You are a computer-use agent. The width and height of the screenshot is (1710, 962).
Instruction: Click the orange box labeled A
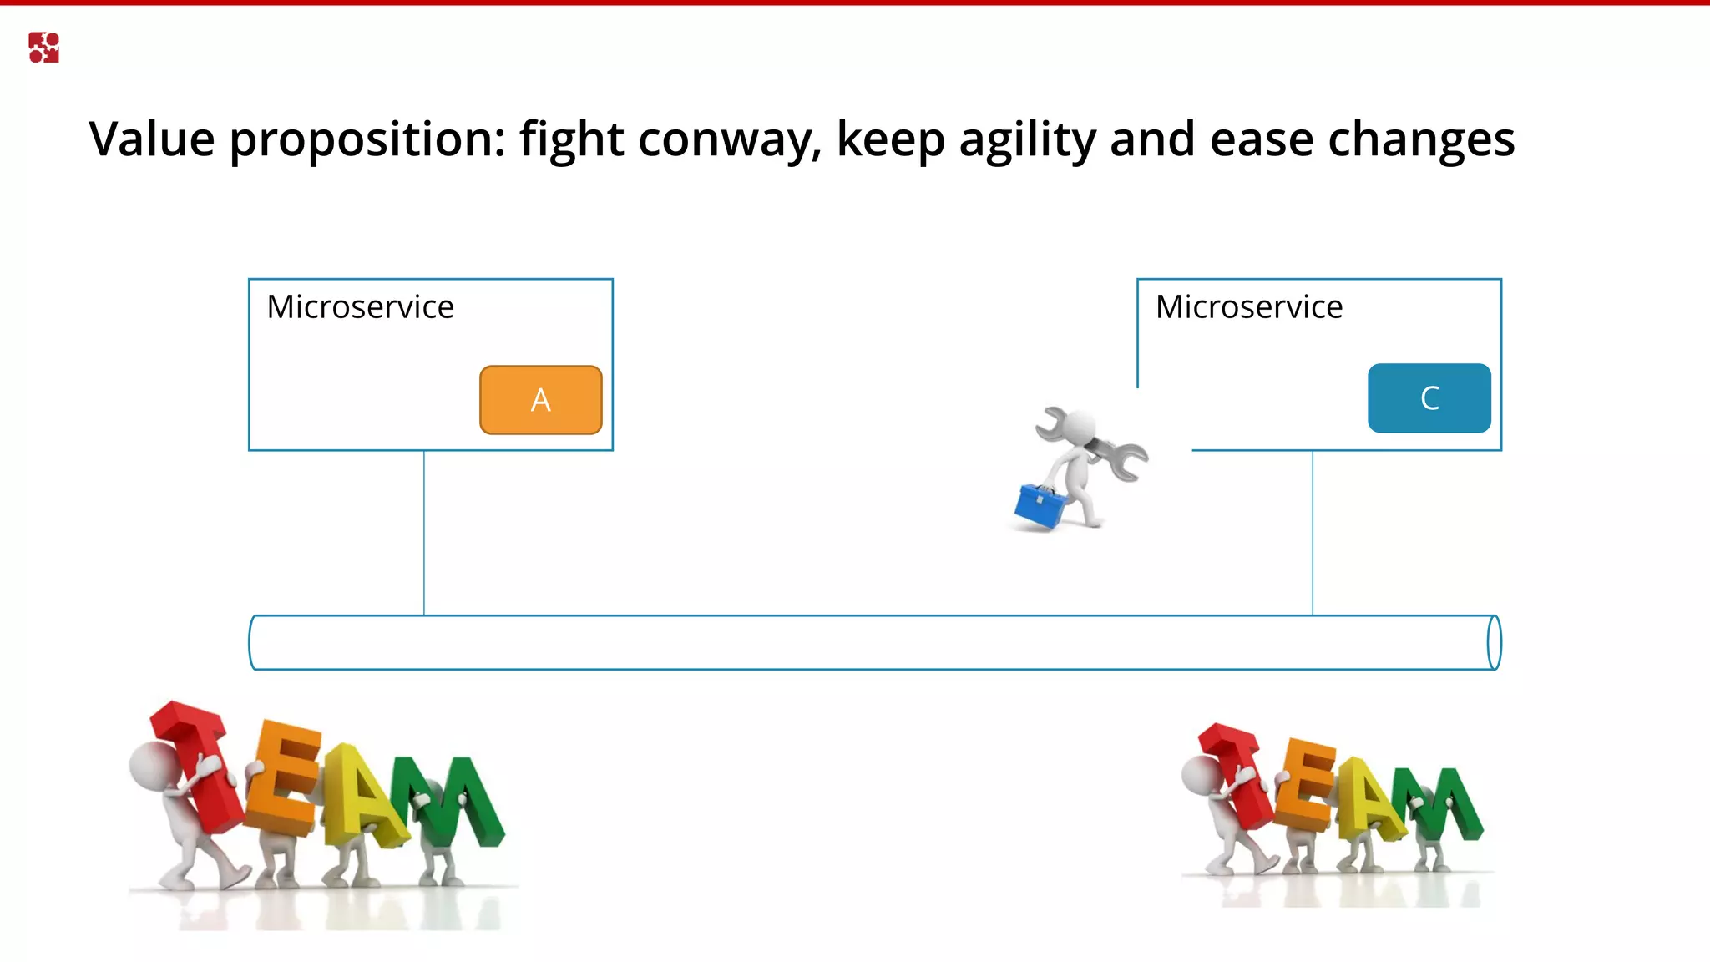pos(540,400)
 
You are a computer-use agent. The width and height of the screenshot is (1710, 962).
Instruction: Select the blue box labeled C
pos(1429,398)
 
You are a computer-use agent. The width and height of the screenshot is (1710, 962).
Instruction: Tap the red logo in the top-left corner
pos(43,48)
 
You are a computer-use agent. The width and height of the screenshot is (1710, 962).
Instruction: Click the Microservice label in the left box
pos(360,307)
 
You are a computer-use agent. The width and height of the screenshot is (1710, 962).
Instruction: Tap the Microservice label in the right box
pos(1248,307)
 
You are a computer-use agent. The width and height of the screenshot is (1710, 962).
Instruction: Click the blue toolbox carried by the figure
pos(1040,506)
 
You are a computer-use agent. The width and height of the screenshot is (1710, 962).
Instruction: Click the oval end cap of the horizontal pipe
pos(1494,642)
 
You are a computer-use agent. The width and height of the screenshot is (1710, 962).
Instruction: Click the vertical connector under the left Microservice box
pos(424,534)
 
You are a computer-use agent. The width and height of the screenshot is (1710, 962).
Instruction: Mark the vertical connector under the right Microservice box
pos(1313,534)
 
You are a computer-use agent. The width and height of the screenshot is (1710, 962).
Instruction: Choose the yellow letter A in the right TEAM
pos(1369,797)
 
